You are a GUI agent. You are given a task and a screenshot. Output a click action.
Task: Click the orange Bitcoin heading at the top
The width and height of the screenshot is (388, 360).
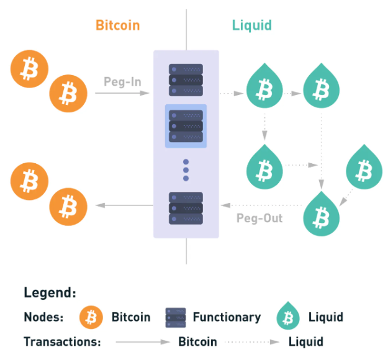pyautogui.click(x=117, y=25)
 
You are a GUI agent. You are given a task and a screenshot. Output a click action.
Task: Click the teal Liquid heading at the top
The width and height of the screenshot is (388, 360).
pyautogui.click(x=251, y=25)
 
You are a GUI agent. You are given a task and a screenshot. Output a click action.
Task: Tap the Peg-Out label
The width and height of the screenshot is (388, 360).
pyautogui.click(x=259, y=218)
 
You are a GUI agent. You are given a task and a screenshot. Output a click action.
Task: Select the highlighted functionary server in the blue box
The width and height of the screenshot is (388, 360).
pyautogui.click(x=186, y=126)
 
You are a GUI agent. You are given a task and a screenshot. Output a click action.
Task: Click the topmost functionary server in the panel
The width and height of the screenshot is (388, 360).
pyautogui.click(x=186, y=81)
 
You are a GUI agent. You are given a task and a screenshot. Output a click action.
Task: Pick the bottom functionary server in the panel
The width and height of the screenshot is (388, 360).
pyautogui.click(x=186, y=208)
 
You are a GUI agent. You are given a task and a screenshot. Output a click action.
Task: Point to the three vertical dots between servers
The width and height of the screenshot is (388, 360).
pyautogui.click(x=186, y=169)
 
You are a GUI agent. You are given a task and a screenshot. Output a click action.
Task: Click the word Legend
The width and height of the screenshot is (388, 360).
pyautogui.click(x=50, y=292)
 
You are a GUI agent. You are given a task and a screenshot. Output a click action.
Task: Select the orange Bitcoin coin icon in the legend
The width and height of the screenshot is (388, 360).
pyautogui.click(x=91, y=317)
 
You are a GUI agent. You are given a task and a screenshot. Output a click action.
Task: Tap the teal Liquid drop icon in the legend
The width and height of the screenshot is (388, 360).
pyautogui.click(x=287, y=317)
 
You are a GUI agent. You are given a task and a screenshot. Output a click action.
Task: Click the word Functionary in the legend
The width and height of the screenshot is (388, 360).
pyautogui.click(x=227, y=317)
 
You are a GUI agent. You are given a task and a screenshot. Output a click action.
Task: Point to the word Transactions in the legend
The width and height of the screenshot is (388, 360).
pyautogui.click(x=61, y=341)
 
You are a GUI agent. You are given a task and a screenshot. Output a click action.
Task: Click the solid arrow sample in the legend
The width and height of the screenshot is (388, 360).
pyautogui.click(x=140, y=341)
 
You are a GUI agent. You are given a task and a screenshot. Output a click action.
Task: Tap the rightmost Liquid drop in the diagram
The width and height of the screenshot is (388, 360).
pyautogui.click(x=359, y=167)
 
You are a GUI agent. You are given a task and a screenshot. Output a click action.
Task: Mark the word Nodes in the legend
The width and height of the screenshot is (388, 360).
pyautogui.click(x=43, y=317)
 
